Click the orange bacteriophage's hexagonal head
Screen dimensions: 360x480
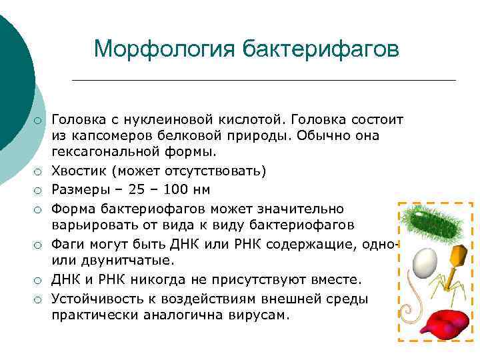point(457,255)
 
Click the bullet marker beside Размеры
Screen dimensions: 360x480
point(39,190)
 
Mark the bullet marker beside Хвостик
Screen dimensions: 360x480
point(39,172)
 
